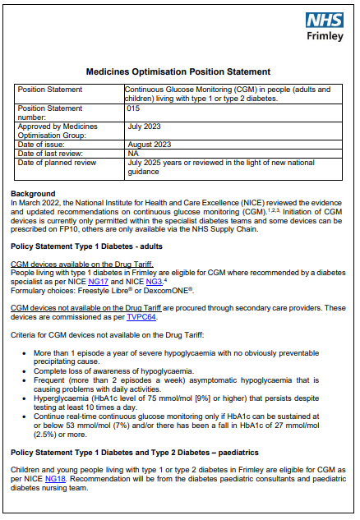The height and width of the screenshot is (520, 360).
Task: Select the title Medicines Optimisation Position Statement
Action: [x=178, y=72]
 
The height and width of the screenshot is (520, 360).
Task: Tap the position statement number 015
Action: [x=134, y=108]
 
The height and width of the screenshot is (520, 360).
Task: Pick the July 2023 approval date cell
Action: [x=146, y=127]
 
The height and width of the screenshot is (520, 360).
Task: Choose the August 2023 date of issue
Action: [x=150, y=145]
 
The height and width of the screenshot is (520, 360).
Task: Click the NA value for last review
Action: [x=133, y=154]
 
